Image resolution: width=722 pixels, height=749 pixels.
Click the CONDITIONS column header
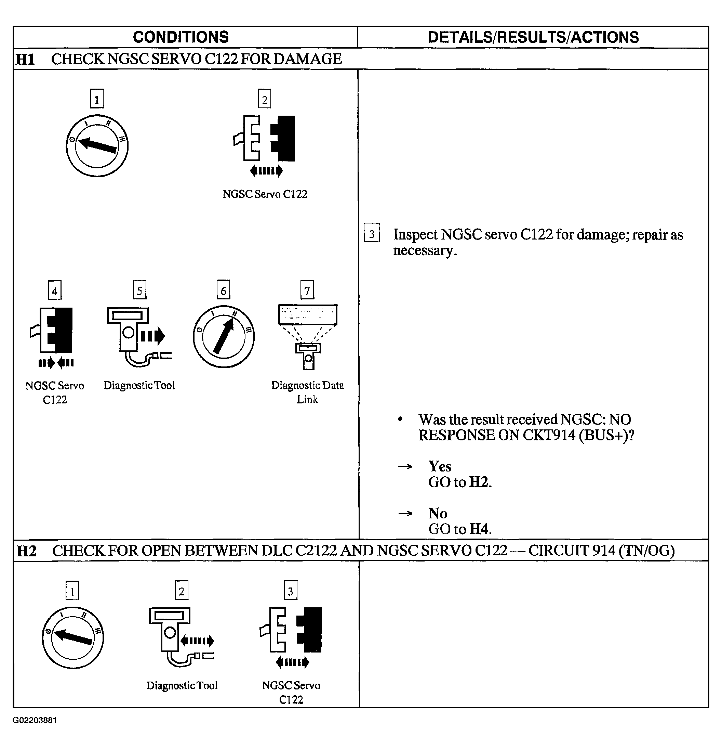[180, 37]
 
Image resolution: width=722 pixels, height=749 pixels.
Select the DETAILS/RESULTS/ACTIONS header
[533, 37]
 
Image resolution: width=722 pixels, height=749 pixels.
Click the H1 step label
[25, 59]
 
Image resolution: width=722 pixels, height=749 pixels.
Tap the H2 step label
[26, 551]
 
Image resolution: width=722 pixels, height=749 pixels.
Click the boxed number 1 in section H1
[97, 99]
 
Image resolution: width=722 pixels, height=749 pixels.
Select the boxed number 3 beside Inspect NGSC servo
[372, 233]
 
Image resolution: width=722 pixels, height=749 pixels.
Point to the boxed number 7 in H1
[307, 290]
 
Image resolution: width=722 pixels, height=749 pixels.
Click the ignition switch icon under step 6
[223, 337]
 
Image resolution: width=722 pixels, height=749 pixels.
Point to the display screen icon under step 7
[308, 315]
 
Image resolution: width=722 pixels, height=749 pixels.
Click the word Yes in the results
[440, 466]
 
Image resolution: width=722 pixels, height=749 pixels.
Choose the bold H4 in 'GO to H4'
[479, 529]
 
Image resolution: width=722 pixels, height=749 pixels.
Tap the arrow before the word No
[405, 513]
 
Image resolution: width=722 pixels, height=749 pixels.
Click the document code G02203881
[35, 720]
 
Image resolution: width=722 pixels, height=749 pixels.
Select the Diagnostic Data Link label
[307, 392]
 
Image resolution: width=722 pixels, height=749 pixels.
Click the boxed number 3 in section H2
[291, 591]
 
